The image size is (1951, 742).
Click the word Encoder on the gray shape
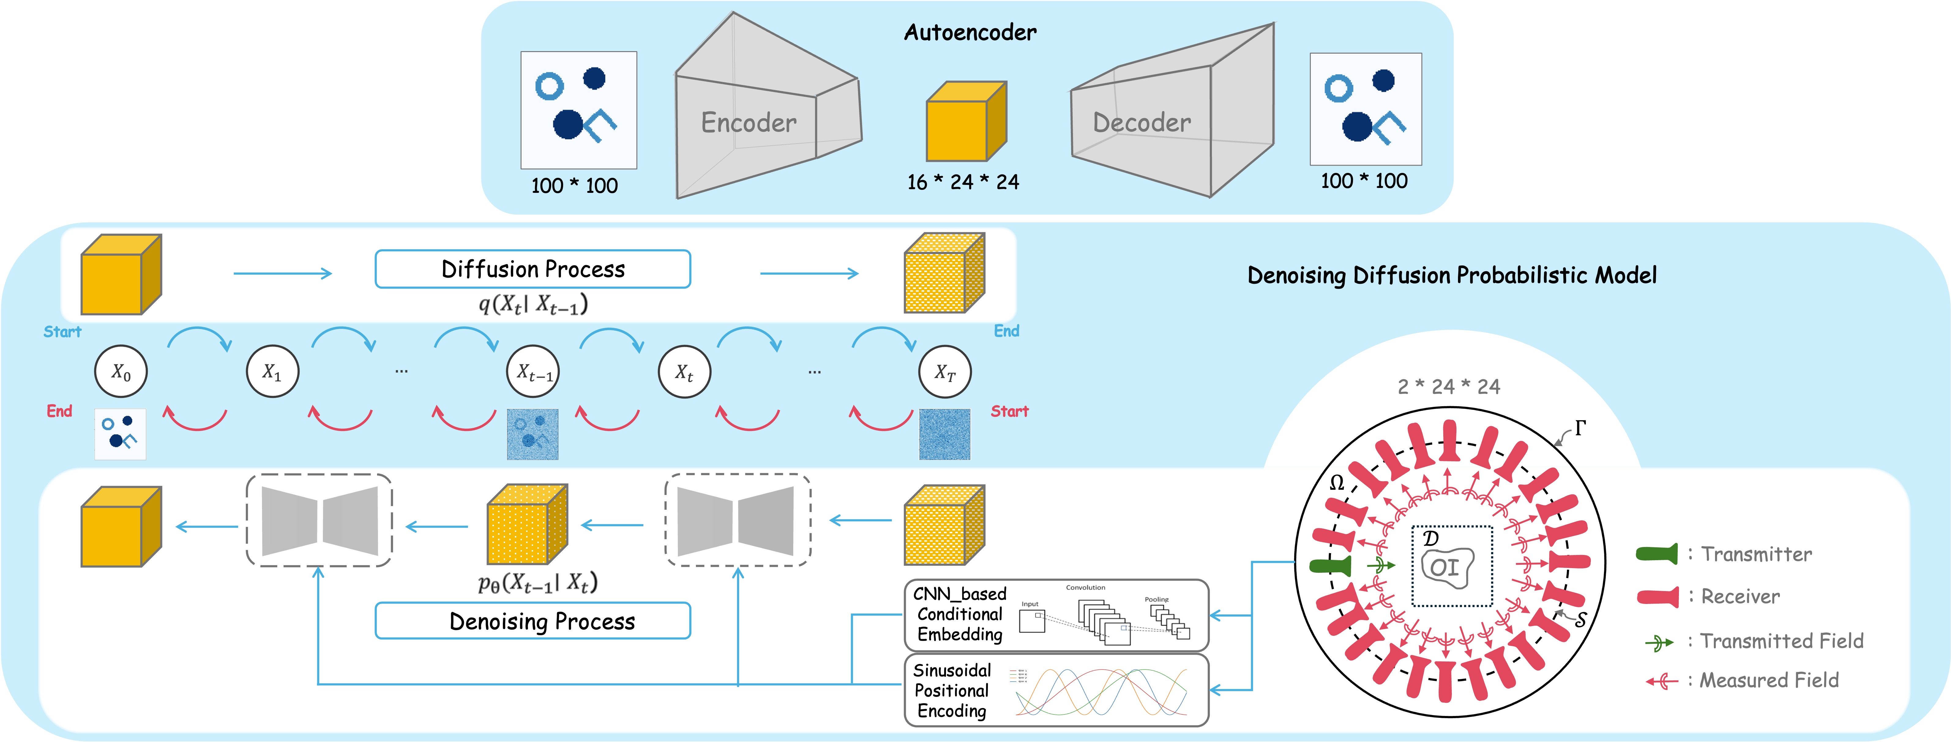click(x=748, y=123)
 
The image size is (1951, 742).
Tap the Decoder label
click(x=1141, y=123)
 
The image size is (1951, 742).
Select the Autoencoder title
click(x=970, y=32)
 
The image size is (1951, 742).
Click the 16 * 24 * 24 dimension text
click(x=962, y=182)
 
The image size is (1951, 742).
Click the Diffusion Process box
click(x=533, y=269)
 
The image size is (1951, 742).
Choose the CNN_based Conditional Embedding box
click(x=1056, y=615)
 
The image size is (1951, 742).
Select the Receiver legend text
click(x=1740, y=597)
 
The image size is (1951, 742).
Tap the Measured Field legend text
click(x=1769, y=680)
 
